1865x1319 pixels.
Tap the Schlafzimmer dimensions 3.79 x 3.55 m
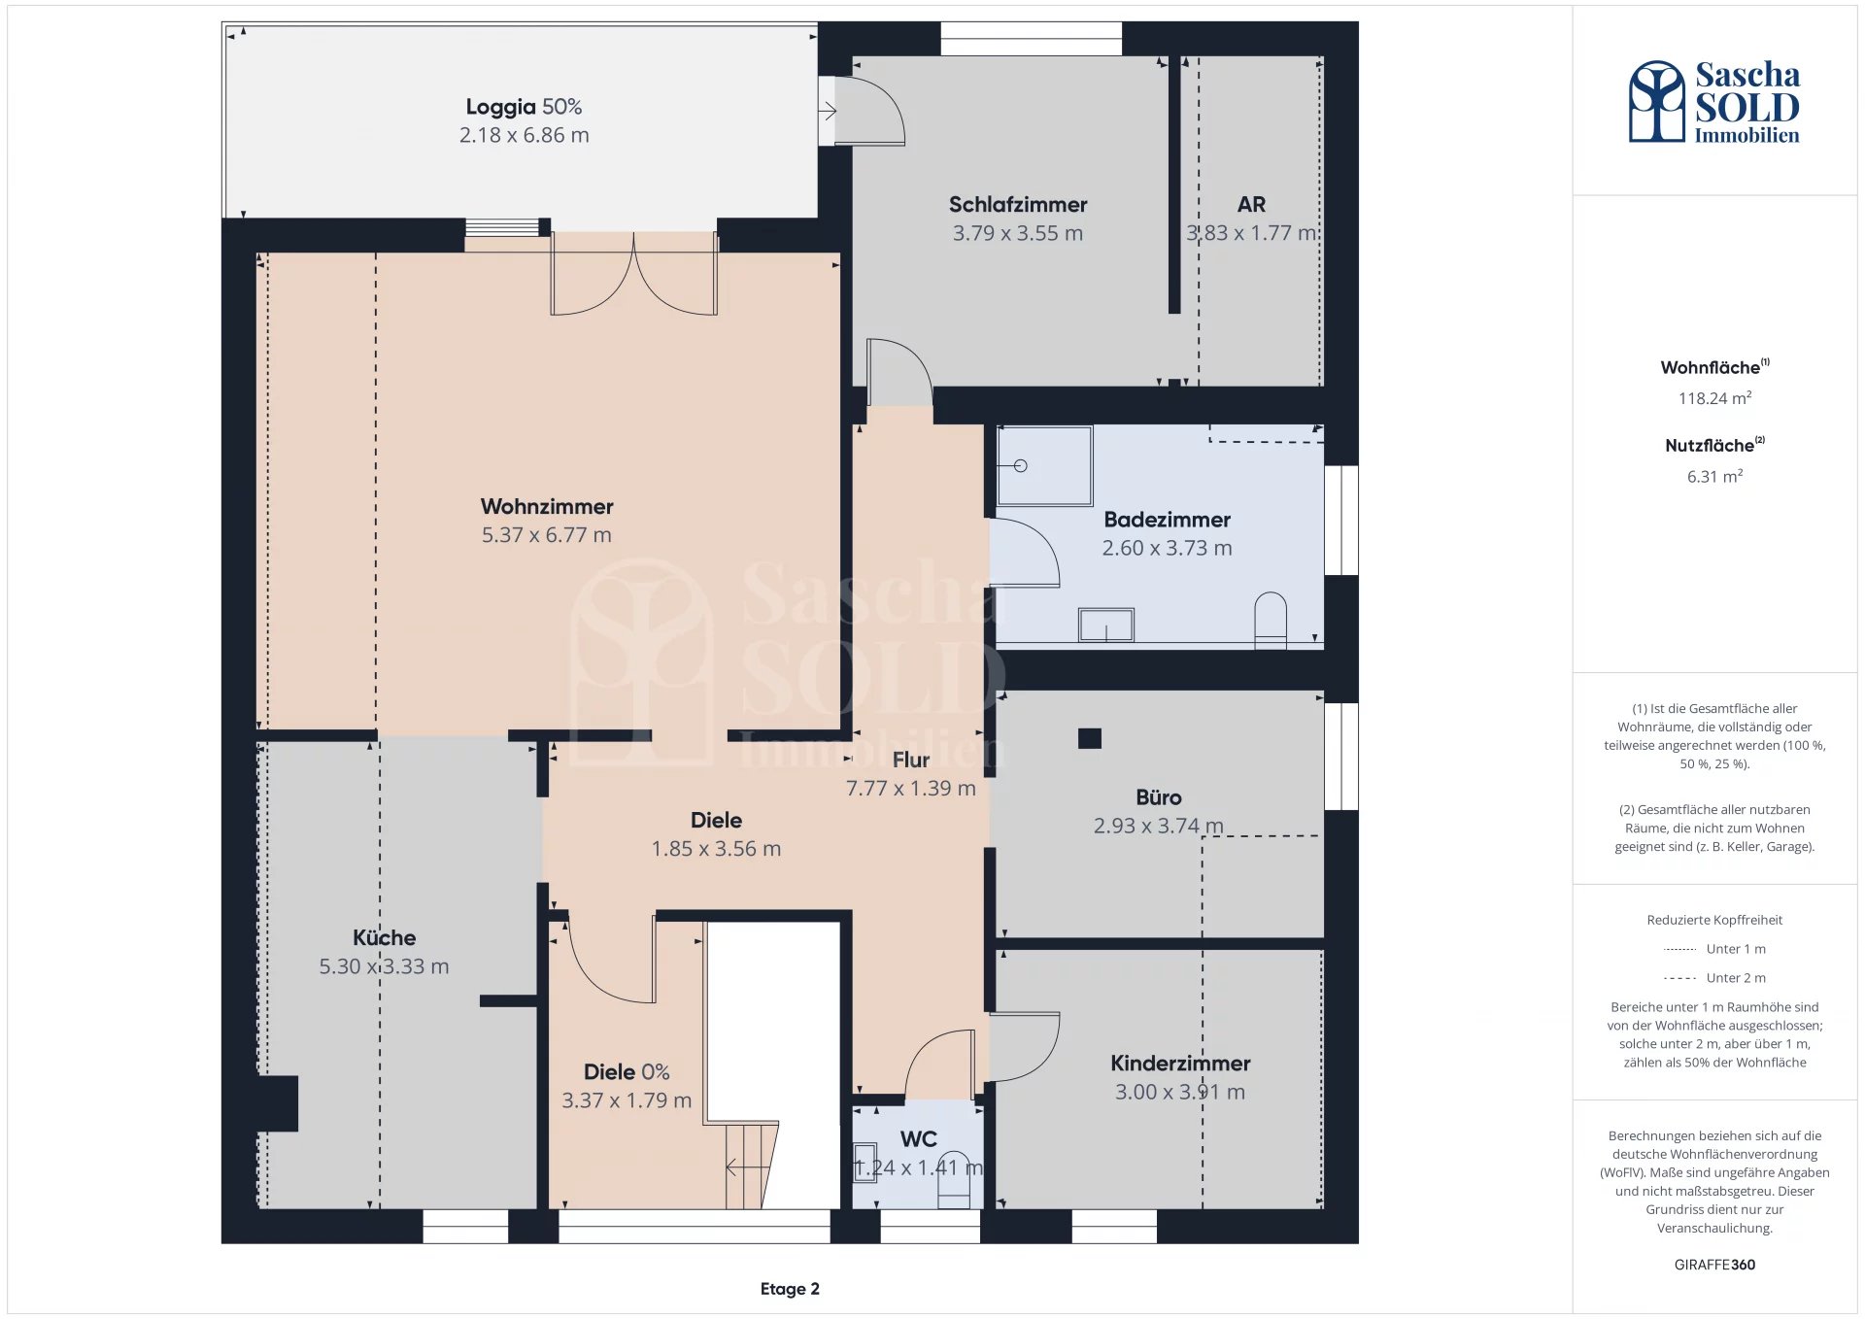(1018, 233)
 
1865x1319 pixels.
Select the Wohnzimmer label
(547, 506)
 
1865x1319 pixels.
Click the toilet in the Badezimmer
(1271, 621)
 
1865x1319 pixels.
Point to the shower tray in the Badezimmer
(1044, 465)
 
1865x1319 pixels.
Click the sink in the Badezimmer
(1106, 625)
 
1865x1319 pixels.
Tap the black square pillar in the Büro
(1090, 738)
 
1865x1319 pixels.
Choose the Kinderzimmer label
(1180, 1064)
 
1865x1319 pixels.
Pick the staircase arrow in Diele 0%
(745, 1167)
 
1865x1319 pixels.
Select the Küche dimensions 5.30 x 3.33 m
(384, 966)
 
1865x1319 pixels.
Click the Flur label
(911, 760)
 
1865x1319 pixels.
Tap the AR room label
(1251, 205)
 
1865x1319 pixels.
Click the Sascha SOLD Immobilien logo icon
(1657, 101)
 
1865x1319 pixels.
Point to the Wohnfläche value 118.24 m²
(1714, 398)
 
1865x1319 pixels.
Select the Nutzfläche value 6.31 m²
(1714, 477)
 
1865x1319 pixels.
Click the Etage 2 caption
(790, 1289)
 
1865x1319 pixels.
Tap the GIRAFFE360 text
(1714, 1265)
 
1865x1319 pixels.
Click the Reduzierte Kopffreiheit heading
(1714, 920)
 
